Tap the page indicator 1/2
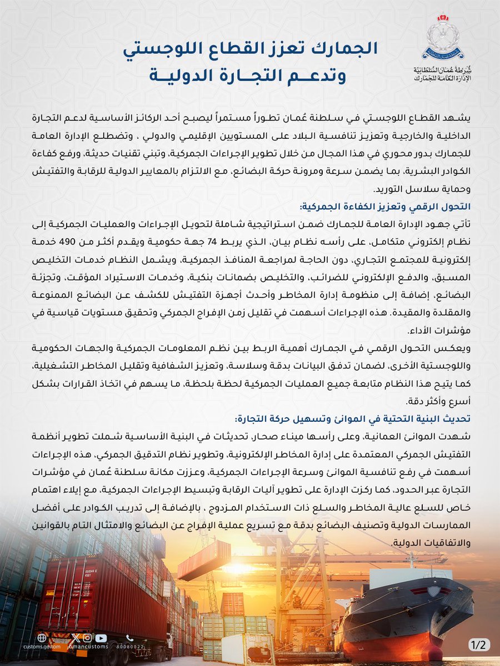pos(478,645)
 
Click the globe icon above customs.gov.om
pos(42,638)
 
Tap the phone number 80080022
pos(131,647)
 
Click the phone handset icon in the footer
pos(131,638)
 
